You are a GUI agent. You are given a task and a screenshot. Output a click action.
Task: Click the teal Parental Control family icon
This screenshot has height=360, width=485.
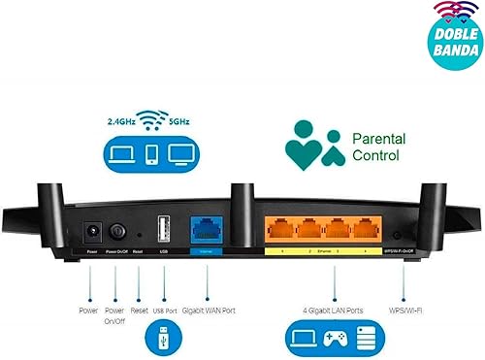313,145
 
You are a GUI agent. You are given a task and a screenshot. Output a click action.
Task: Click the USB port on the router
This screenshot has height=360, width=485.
162,229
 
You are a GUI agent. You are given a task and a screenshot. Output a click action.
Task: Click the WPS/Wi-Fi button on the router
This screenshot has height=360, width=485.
399,236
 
